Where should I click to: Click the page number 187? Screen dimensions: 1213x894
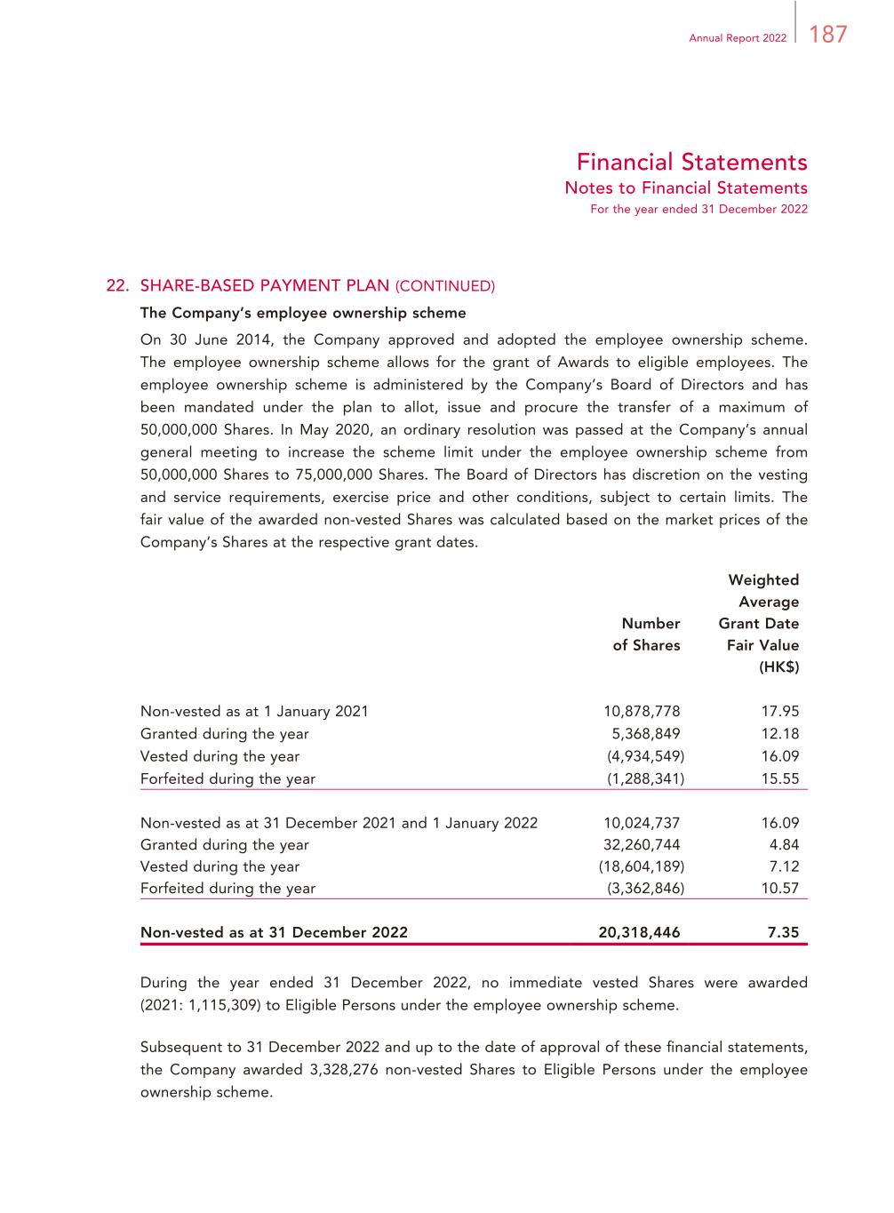pyautogui.click(x=828, y=35)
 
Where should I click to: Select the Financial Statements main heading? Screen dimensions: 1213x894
pyautogui.click(x=691, y=163)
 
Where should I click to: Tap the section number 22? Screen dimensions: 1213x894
pyautogui.click(x=118, y=285)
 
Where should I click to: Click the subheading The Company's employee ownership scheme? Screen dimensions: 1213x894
pyautogui.click(x=303, y=313)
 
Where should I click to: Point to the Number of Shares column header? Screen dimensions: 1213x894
pyautogui.click(x=647, y=634)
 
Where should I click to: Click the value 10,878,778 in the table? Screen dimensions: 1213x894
pyautogui.click(x=642, y=711)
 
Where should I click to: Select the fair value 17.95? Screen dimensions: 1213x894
pyautogui.click(x=780, y=711)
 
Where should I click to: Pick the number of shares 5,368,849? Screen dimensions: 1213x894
pyautogui.click(x=645, y=734)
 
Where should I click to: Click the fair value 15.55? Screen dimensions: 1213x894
pyautogui.click(x=780, y=778)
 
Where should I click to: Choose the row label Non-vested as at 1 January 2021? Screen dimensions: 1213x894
pyautogui.click(x=254, y=711)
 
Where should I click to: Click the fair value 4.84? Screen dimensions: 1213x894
pyautogui.click(x=784, y=844)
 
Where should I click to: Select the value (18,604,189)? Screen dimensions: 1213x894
pyautogui.click(x=642, y=866)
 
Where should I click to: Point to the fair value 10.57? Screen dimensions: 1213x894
pyautogui.click(x=780, y=888)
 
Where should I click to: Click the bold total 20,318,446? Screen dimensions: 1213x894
pyautogui.click(x=639, y=932)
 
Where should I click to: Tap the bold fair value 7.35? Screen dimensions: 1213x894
pyautogui.click(x=783, y=932)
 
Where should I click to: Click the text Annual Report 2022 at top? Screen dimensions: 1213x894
pyautogui.click(x=738, y=38)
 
